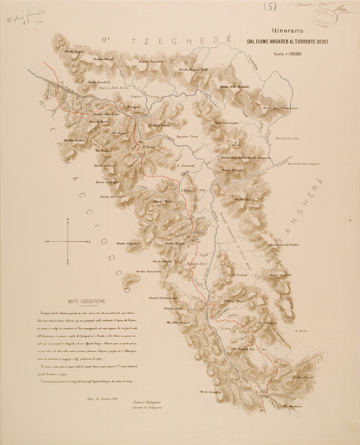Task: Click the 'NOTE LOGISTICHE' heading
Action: [86, 301]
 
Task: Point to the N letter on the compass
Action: [68, 219]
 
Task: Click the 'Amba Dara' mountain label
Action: [104, 59]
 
